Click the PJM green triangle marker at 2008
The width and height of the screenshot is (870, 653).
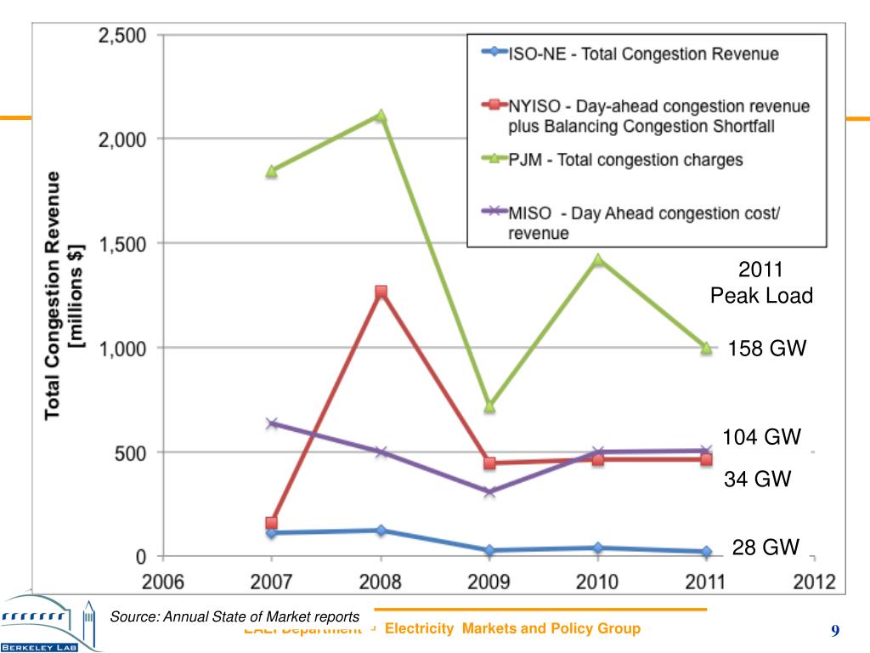pyautogui.click(x=381, y=116)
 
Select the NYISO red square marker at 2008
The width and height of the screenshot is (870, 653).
pyautogui.click(x=381, y=292)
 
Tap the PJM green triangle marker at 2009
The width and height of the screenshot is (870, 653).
pyautogui.click(x=489, y=406)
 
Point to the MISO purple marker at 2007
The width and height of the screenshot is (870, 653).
pyautogui.click(x=272, y=423)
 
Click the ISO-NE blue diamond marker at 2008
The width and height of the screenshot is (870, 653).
pyautogui.click(x=381, y=530)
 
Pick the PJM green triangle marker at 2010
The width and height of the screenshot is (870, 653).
pyautogui.click(x=598, y=259)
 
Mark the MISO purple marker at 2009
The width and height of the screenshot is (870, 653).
pyautogui.click(x=489, y=491)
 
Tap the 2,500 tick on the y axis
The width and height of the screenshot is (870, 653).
pyautogui.click(x=121, y=36)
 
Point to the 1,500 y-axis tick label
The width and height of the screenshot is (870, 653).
pyautogui.click(x=121, y=244)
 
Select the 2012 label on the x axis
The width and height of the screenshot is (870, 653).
pyautogui.click(x=813, y=583)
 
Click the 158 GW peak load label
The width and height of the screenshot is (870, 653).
pyautogui.click(x=766, y=349)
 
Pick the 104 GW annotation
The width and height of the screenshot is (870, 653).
pyautogui.click(x=762, y=437)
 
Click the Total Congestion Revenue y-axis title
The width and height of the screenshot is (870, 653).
pyautogui.click(x=65, y=293)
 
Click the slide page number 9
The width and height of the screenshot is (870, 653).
pyautogui.click(x=835, y=630)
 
